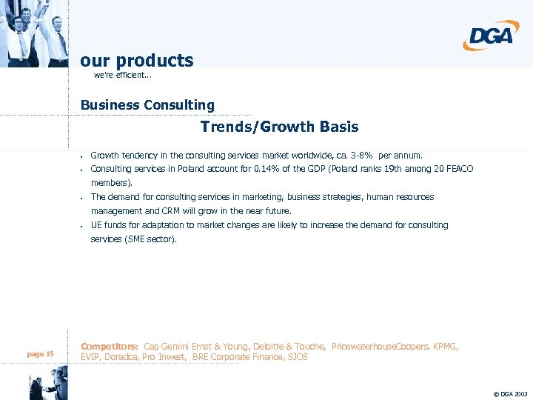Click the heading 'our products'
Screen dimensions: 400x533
[x=137, y=60]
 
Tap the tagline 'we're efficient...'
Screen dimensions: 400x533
[x=124, y=76]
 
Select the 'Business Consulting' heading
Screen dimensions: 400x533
[x=147, y=105]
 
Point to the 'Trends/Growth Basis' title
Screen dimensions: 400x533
[x=279, y=127]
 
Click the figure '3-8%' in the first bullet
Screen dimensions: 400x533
[x=360, y=156]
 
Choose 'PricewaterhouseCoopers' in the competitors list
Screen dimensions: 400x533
[x=375, y=347]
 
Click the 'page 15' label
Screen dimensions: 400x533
[x=40, y=354]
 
